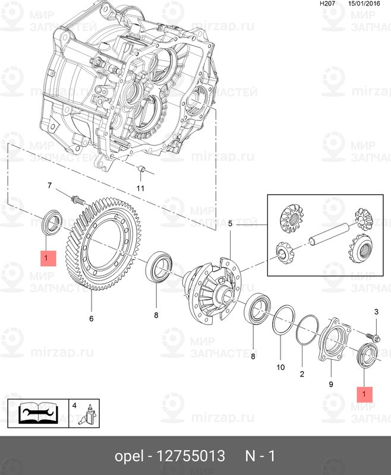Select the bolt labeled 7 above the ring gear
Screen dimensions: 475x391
click(76, 198)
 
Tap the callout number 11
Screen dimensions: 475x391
click(140, 188)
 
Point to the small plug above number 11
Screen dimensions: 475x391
click(141, 170)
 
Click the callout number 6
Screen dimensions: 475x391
click(92, 318)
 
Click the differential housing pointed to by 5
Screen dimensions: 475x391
click(213, 289)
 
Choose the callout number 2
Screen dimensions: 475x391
click(301, 374)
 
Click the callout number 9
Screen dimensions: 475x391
click(331, 384)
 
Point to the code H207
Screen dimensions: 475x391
click(327, 4)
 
